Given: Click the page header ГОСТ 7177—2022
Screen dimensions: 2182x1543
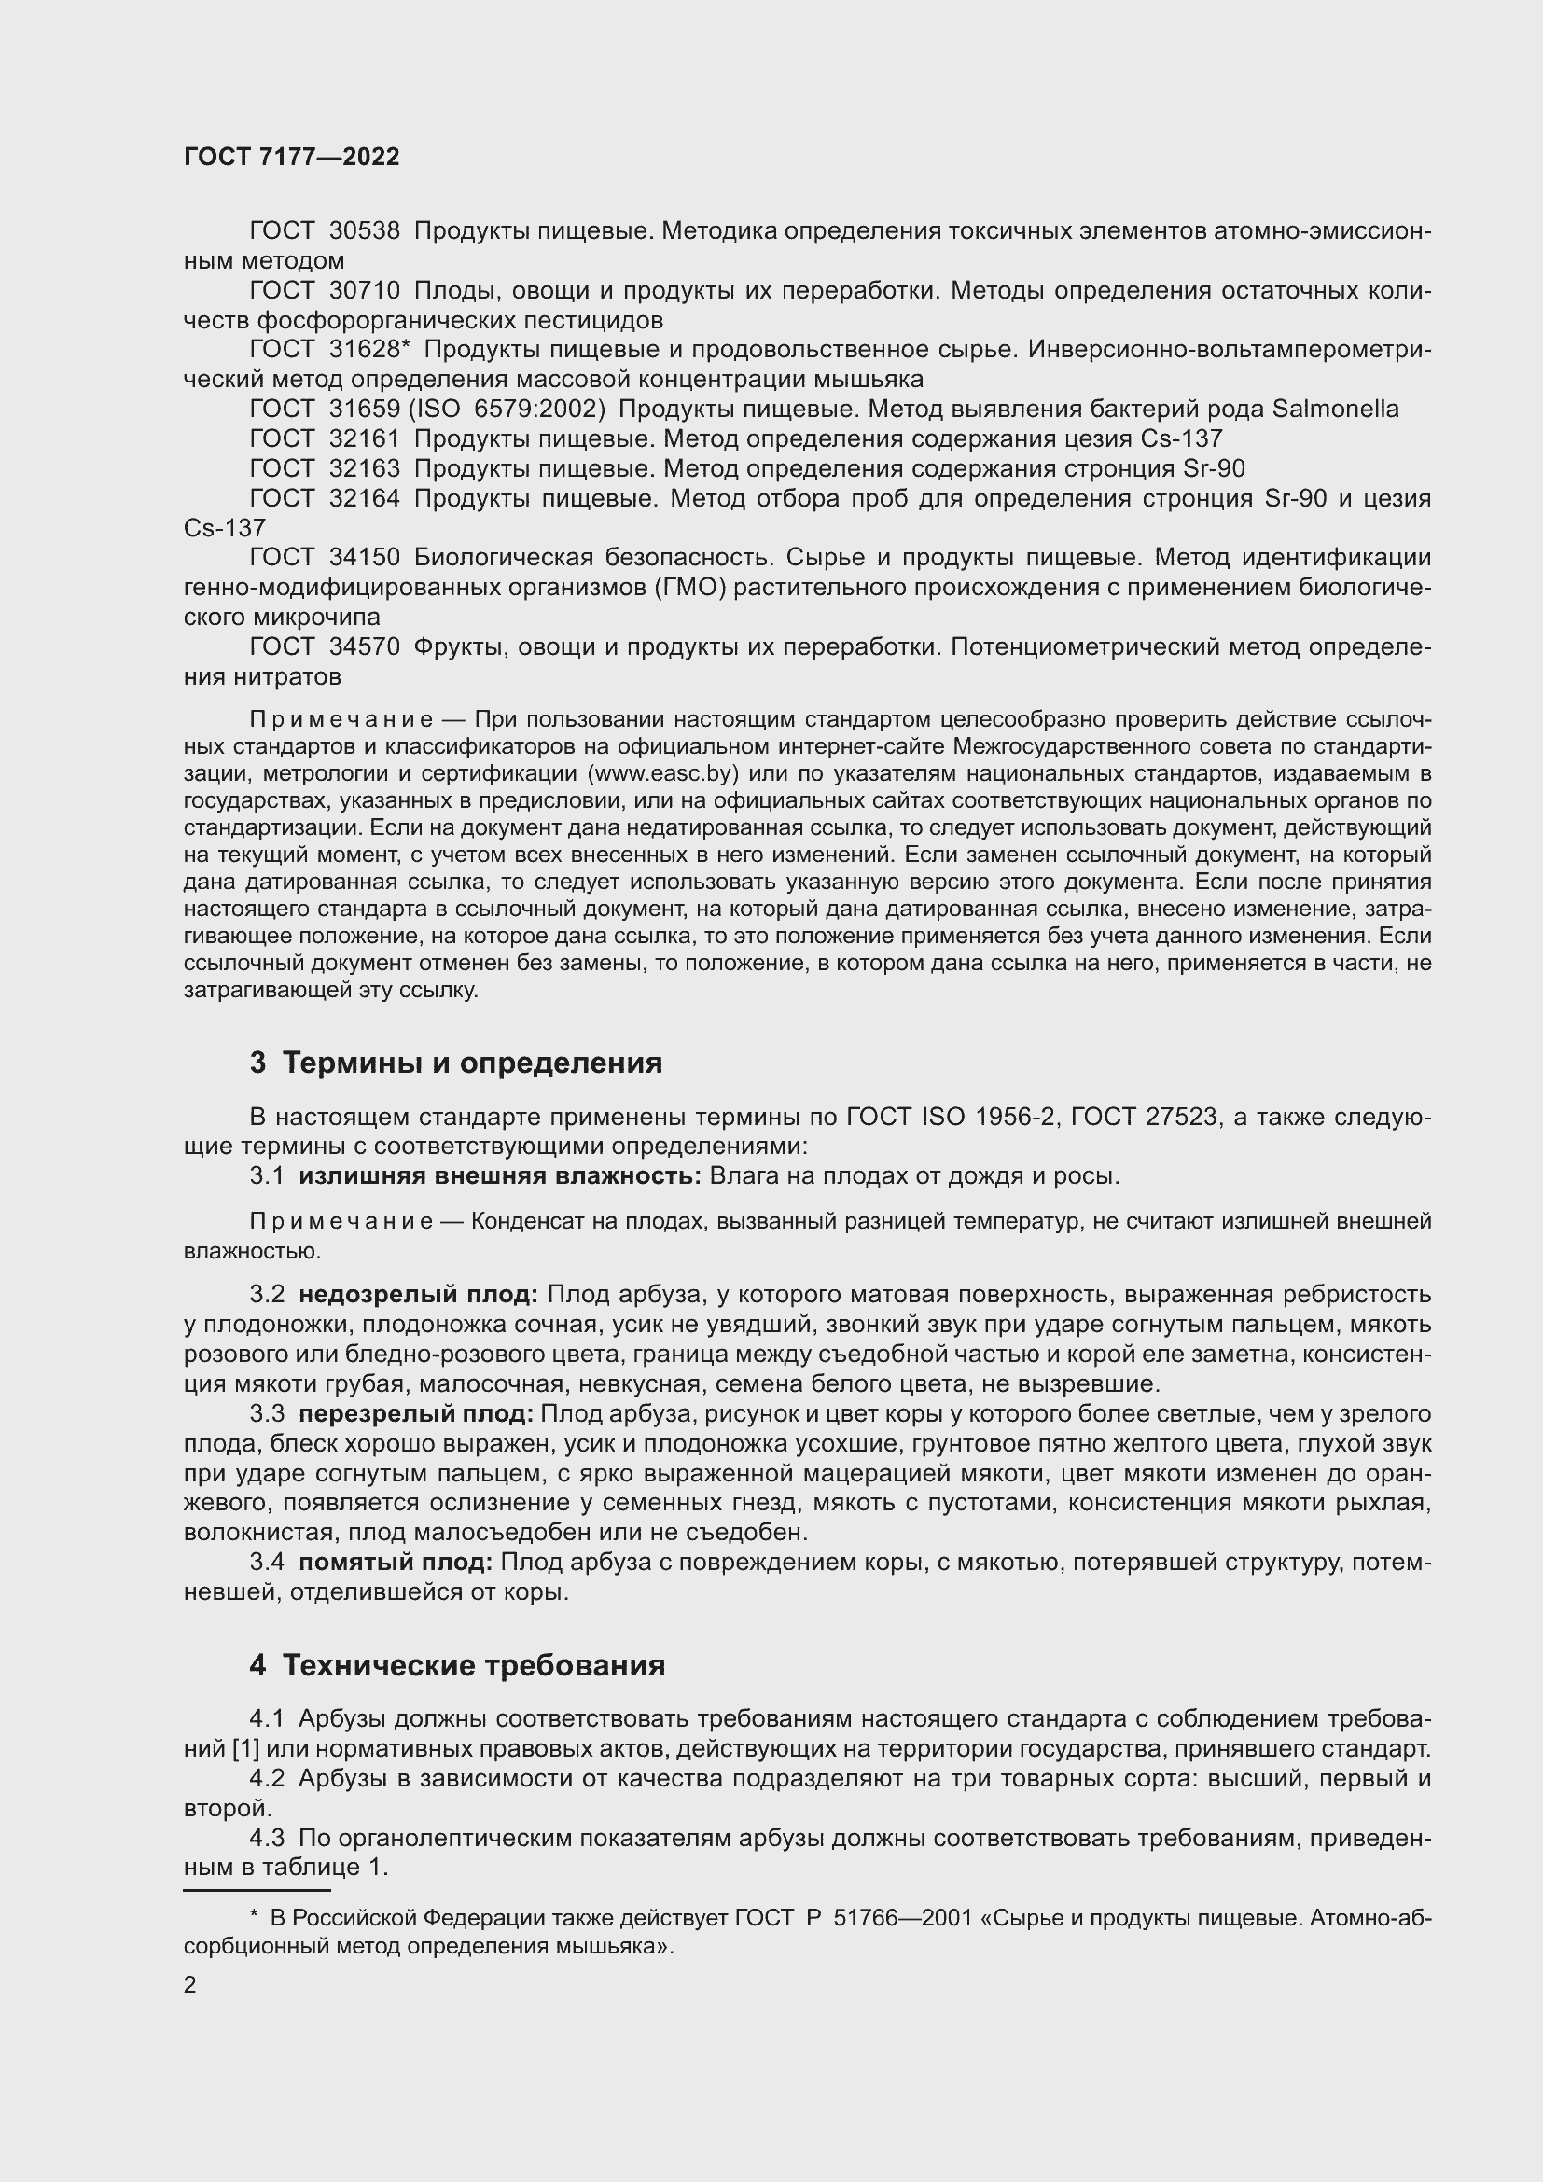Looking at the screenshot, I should tap(292, 158).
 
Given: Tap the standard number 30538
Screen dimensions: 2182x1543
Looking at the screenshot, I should tap(364, 231).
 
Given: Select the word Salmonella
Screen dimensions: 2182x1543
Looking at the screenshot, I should tap(1335, 410).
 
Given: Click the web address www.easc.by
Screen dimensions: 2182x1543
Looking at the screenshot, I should tap(660, 772).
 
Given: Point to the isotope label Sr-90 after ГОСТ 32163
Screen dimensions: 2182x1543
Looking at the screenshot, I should tap(1214, 468).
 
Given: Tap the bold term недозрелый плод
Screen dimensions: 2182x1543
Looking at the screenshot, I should tap(419, 1295).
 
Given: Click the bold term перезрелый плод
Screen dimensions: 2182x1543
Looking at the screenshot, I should tap(417, 1414).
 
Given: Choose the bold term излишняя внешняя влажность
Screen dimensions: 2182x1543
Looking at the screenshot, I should tap(500, 1175).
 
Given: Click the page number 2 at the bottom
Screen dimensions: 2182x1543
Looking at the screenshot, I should tap(190, 1985).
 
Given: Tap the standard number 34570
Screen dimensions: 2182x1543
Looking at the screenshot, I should tap(364, 647).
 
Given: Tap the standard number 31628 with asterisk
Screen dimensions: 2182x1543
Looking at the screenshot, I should tap(368, 350).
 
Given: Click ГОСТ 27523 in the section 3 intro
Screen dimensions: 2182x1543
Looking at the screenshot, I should tap(1143, 1117).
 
